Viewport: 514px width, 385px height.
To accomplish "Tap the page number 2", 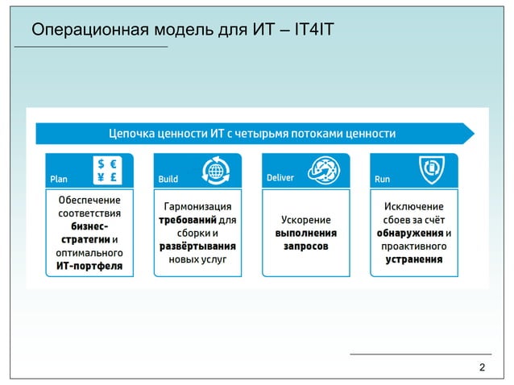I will coord(482,368).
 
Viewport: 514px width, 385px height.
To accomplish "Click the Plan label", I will coord(59,179).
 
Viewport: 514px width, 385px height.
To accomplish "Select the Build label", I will coord(168,179).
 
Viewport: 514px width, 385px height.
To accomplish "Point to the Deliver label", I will coord(280,177).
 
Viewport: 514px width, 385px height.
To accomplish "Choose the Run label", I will coord(382,179).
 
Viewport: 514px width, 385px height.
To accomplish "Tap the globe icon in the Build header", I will coord(215,170).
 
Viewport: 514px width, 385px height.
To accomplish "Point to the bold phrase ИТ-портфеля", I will coord(89,267).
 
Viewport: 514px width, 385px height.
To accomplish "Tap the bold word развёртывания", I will coord(197,246).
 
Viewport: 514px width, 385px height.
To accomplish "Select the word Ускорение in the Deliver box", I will coord(305,219).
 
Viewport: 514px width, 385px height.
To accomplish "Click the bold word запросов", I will coord(305,246).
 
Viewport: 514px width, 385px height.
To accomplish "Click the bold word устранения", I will coord(414,259).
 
